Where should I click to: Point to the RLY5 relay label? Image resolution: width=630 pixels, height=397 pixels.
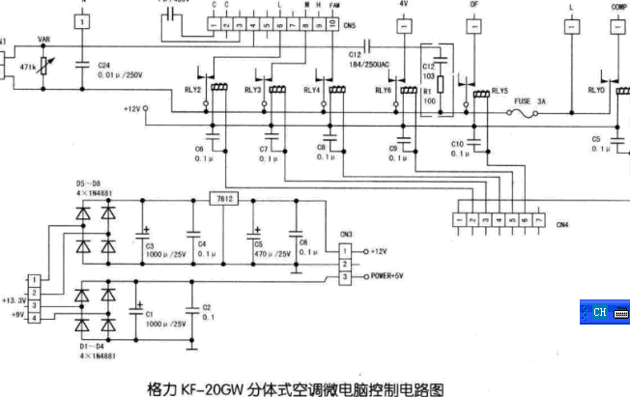pos(500,91)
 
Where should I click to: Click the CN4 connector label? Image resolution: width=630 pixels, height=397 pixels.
pos(562,224)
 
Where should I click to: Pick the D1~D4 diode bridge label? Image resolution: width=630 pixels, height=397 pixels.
pos(87,347)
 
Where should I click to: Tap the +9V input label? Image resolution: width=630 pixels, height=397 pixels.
pos(16,313)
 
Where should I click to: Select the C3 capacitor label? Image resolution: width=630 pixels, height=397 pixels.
pos(151,245)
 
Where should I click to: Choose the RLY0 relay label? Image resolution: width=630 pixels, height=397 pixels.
pos(596,90)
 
